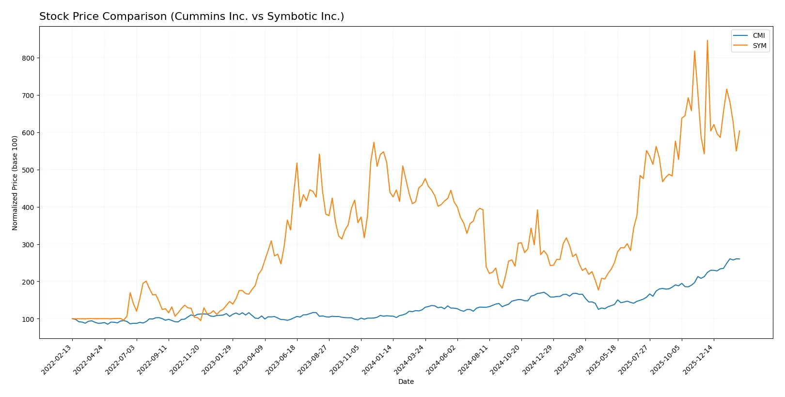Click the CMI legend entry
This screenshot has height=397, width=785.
(758, 35)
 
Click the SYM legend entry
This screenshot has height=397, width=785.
(759, 46)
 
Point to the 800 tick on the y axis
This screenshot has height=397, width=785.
(28, 58)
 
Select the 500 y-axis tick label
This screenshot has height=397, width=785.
(28, 170)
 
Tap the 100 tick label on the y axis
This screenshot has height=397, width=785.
(28, 319)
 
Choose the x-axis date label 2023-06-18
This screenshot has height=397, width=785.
(283, 360)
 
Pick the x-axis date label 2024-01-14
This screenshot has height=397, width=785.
(378, 360)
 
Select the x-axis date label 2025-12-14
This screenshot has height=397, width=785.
(699, 360)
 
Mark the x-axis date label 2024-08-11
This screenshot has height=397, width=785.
(474, 360)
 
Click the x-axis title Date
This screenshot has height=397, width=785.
(406, 381)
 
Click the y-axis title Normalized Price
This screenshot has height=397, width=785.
(15, 183)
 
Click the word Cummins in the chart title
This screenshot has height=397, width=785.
(192, 16)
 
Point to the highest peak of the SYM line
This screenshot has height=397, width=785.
(707, 41)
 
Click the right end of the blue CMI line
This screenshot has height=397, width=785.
(739, 259)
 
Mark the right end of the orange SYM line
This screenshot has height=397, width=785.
(739, 131)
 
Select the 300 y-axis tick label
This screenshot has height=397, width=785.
(28, 245)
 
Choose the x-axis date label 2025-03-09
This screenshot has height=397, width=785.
(571, 360)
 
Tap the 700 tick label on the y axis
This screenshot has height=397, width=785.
(28, 95)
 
